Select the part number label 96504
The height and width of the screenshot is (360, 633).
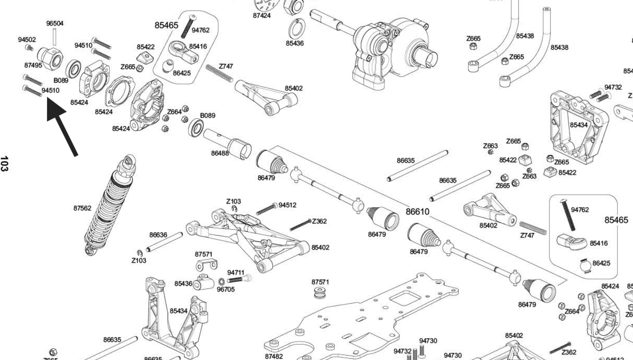point(55,23)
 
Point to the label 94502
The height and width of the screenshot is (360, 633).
point(27,39)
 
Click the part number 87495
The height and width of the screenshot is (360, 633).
point(33,65)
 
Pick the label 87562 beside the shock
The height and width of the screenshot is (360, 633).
point(82,208)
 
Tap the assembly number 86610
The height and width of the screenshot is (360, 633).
point(417,212)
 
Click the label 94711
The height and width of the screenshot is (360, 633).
point(236,272)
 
